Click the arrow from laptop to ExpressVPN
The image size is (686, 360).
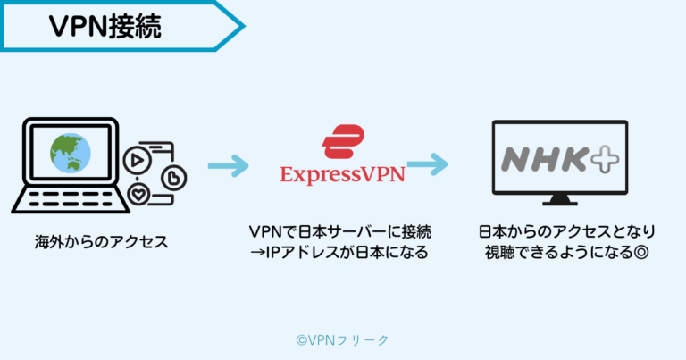[x=227, y=165]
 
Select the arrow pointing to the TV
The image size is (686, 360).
[x=427, y=165]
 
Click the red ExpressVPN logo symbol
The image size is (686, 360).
[x=341, y=143]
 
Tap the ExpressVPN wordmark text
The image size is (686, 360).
[x=342, y=173]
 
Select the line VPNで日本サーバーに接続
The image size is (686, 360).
[x=339, y=232]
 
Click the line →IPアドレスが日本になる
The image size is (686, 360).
[x=339, y=253]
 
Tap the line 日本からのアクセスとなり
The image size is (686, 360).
[x=559, y=232]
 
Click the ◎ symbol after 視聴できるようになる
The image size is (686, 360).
[x=640, y=253]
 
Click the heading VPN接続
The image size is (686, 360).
[x=105, y=27]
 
